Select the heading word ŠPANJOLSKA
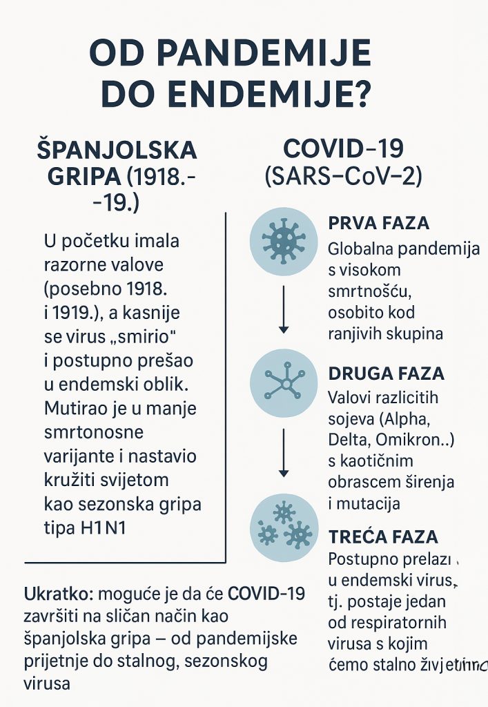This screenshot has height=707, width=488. click(117, 150)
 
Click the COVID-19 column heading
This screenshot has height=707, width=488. click(343, 148)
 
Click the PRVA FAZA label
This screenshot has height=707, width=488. click(379, 224)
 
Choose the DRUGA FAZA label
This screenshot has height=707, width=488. click(385, 374)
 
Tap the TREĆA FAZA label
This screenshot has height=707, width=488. click(383, 536)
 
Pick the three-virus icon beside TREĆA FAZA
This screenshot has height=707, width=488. click(283, 527)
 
